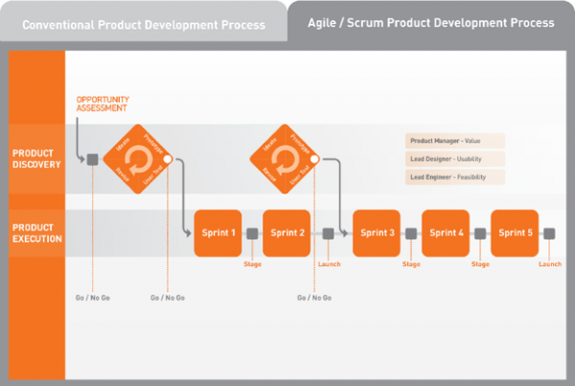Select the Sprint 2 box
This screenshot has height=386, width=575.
[287, 233]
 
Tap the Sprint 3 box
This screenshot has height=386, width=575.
[377, 233]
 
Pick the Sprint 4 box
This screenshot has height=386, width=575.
[446, 233]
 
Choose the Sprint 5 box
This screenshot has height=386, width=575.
[515, 233]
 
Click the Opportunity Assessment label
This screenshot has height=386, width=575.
[102, 103]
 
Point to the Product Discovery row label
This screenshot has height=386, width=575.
[36, 158]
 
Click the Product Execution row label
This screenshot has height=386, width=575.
[36, 233]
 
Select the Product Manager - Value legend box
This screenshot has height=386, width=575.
[455, 141]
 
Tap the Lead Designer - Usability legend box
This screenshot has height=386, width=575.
[455, 159]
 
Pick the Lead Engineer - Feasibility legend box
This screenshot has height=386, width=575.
[455, 177]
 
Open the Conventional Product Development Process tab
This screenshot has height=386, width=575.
[144, 25]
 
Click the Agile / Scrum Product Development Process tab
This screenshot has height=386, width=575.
[431, 21]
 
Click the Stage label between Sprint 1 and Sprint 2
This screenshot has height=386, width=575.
[252, 264]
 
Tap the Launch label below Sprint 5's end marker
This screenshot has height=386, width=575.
[550, 264]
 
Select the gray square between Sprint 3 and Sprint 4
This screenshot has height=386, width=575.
[411, 233]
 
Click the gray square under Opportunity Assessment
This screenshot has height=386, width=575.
[93, 159]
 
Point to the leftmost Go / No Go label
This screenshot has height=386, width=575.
[93, 298]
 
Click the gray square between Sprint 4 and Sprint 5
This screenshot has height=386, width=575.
[480, 233]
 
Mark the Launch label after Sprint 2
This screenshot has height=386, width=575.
[328, 264]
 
